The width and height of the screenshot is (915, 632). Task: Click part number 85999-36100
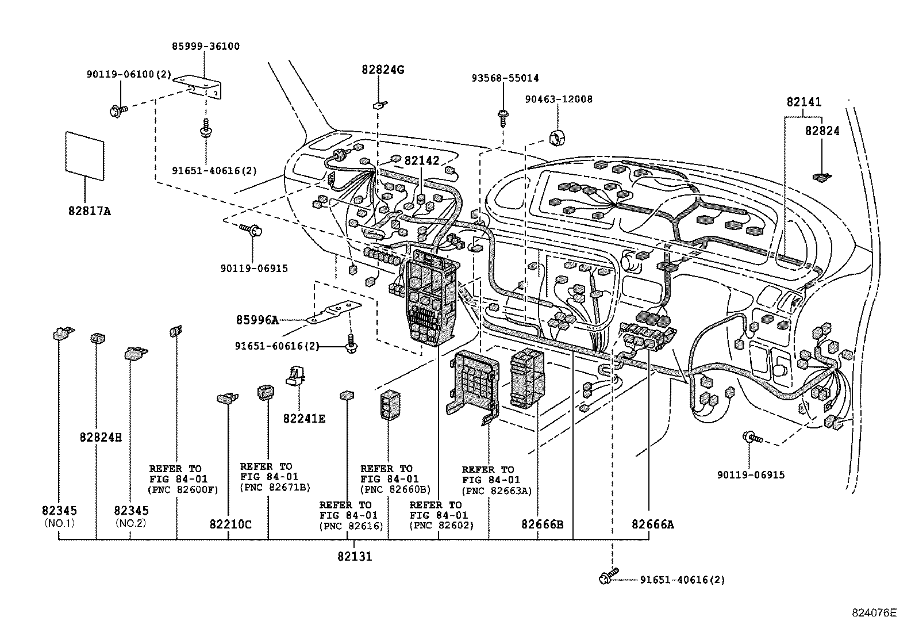click(206, 47)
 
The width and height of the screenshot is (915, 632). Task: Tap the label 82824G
click(383, 70)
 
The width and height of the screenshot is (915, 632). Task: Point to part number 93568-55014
click(506, 78)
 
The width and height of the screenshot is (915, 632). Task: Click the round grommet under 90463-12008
click(558, 138)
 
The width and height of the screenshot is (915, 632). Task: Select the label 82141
click(803, 102)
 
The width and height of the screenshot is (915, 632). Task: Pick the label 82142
click(421, 161)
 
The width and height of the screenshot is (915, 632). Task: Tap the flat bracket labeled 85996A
click(333, 313)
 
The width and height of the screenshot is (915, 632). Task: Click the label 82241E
click(303, 419)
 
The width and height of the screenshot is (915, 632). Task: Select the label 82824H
click(101, 437)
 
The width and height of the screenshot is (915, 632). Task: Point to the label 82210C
click(230, 524)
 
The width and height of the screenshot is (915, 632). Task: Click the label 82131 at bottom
click(354, 556)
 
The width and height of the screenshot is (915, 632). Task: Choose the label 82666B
click(543, 524)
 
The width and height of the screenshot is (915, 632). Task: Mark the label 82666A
click(652, 524)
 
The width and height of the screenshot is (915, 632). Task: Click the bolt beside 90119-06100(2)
click(115, 110)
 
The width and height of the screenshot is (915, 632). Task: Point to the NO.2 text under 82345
click(130, 523)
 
